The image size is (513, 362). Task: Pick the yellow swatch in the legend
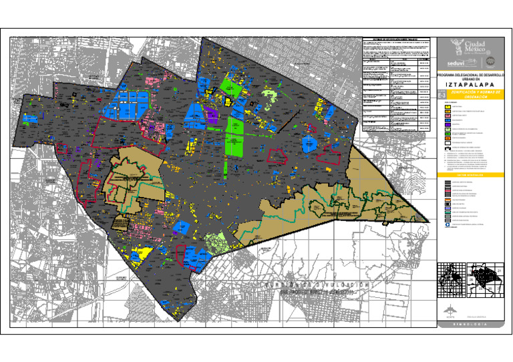tap(448, 107)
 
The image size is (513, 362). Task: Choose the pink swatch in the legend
tap(448, 113)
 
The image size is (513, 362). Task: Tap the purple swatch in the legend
tap(448, 124)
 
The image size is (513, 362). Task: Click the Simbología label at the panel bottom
tap(468, 325)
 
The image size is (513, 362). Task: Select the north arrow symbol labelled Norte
tap(450, 309)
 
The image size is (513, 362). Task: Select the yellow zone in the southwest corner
tap(140, 253)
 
